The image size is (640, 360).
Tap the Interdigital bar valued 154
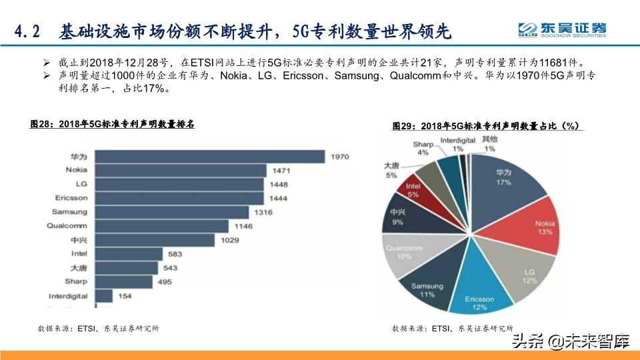point(104,295)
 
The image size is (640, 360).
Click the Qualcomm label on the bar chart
point(67,226)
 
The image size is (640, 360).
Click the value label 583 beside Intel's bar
point(176,254)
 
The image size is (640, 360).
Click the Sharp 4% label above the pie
point(423,148)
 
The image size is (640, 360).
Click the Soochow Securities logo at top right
point(563,29)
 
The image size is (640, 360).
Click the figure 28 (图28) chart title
point(112,124)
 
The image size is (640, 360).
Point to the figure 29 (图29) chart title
point(487,126)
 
